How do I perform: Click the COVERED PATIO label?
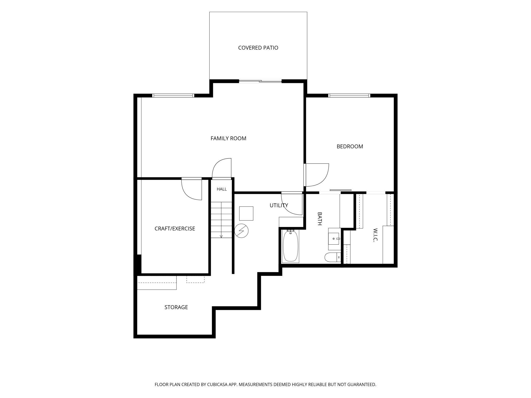258,48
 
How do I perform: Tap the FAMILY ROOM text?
228,138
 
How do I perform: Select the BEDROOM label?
350,146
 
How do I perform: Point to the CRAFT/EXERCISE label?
175,229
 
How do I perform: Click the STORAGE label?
176,307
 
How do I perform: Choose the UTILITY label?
279,205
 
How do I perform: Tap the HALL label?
222,189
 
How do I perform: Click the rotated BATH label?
319,219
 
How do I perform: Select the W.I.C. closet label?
375,235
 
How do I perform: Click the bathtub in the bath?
291,246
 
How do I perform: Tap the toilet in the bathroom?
333,257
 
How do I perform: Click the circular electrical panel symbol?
241,231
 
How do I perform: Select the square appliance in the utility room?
246,213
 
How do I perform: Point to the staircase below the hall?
221,220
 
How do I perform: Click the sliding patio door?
260,81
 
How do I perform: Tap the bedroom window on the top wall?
349,95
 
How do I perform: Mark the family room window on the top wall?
173,95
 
